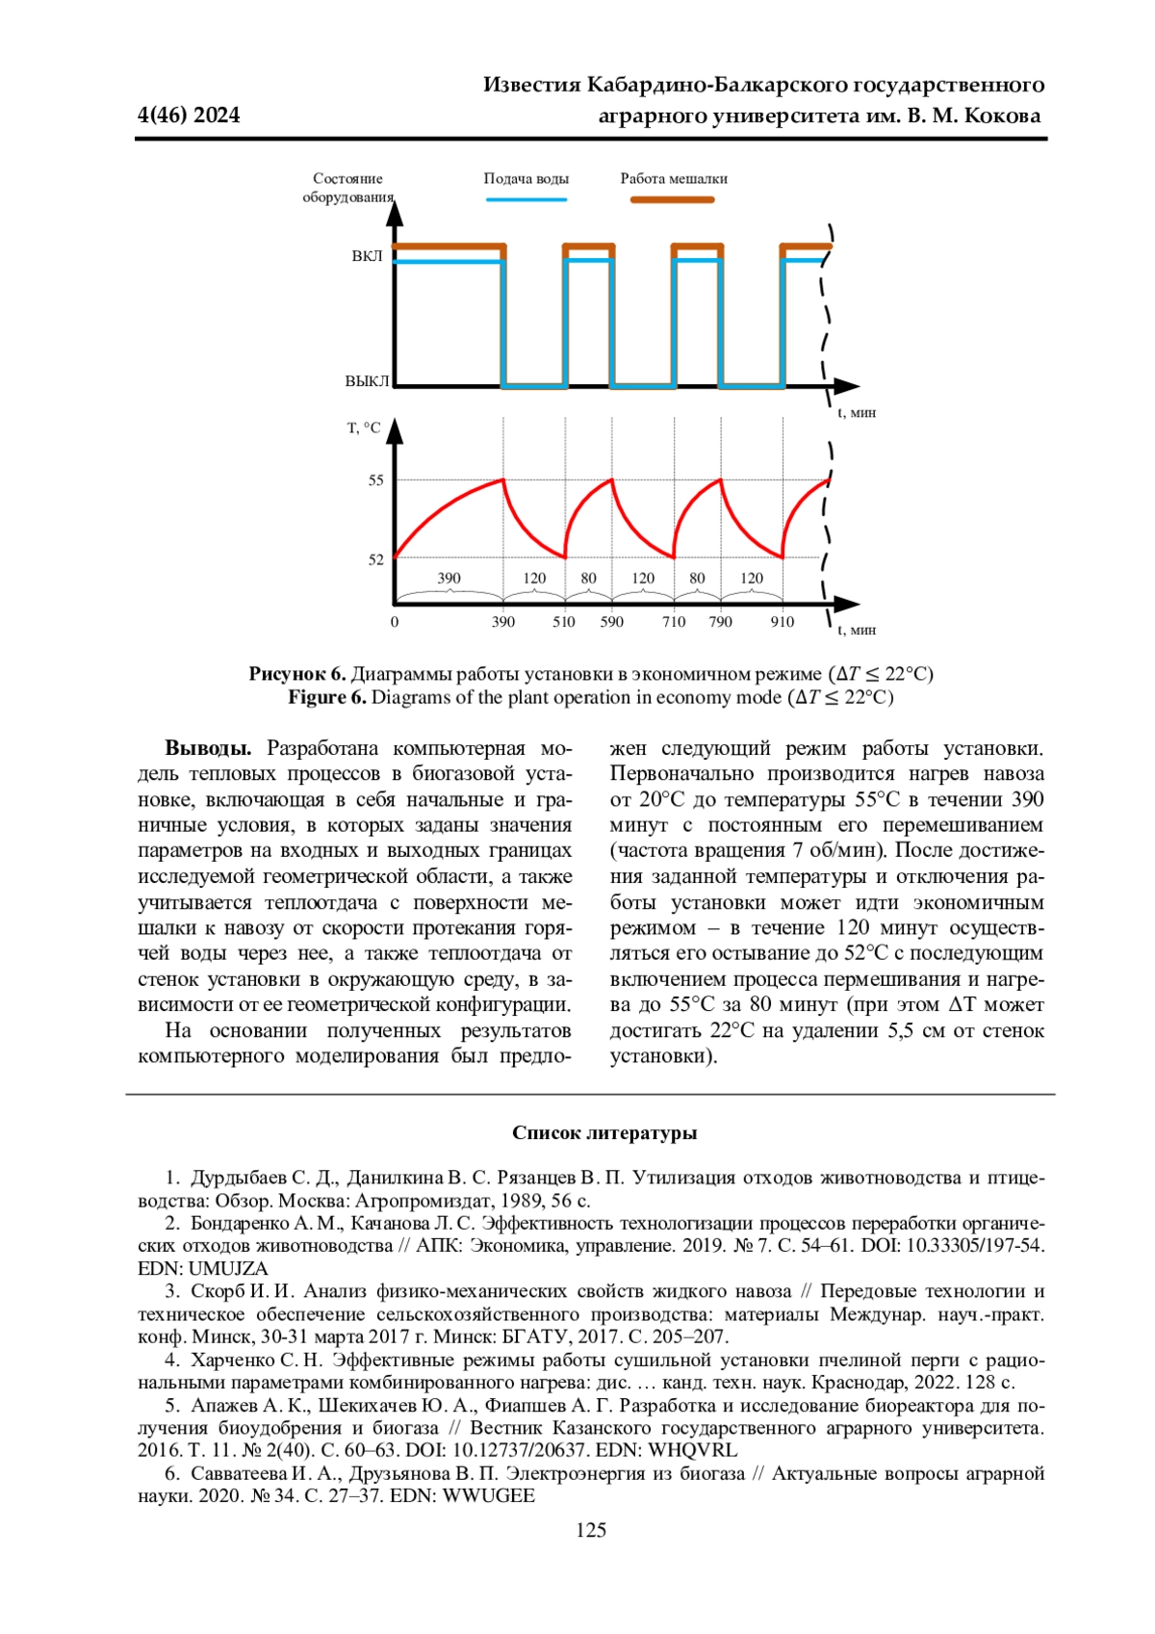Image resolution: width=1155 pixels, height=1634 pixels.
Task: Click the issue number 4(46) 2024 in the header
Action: point(189,116)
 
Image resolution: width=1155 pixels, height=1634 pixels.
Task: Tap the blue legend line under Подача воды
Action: point(526,199)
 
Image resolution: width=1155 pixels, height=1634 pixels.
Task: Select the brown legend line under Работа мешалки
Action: point(673,199)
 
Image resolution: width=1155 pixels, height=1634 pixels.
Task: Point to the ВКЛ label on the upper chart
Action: point(367,256)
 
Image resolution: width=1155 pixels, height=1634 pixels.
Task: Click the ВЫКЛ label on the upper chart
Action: point(367,381)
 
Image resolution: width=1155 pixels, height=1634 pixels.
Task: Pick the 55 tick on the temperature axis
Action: point(375,480)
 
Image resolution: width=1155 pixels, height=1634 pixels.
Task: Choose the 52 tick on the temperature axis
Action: point(375,559)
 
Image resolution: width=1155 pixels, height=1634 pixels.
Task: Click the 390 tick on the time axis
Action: point(503,622)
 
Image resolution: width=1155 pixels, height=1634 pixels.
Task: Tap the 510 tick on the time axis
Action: point(564,622)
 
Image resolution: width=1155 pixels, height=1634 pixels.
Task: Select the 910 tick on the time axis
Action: point(783,622)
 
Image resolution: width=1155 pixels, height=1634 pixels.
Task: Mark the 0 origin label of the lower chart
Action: point(395,622)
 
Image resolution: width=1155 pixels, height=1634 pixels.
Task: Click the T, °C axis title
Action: point(364,428)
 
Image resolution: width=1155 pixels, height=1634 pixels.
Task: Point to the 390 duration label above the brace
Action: point(449,579)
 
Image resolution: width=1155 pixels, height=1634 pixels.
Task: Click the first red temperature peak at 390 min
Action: point(503,480)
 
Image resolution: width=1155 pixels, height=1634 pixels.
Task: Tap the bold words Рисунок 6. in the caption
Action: point(297,674)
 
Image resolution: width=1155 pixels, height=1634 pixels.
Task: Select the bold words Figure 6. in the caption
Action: point(327,697)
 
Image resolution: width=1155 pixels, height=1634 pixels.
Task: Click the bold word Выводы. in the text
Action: point(208,749)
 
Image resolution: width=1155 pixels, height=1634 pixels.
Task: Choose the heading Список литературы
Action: point(604,1133)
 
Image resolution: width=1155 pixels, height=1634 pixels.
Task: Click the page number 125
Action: point(591,1530)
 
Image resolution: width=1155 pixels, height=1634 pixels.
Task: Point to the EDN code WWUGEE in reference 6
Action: point(488,1496)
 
